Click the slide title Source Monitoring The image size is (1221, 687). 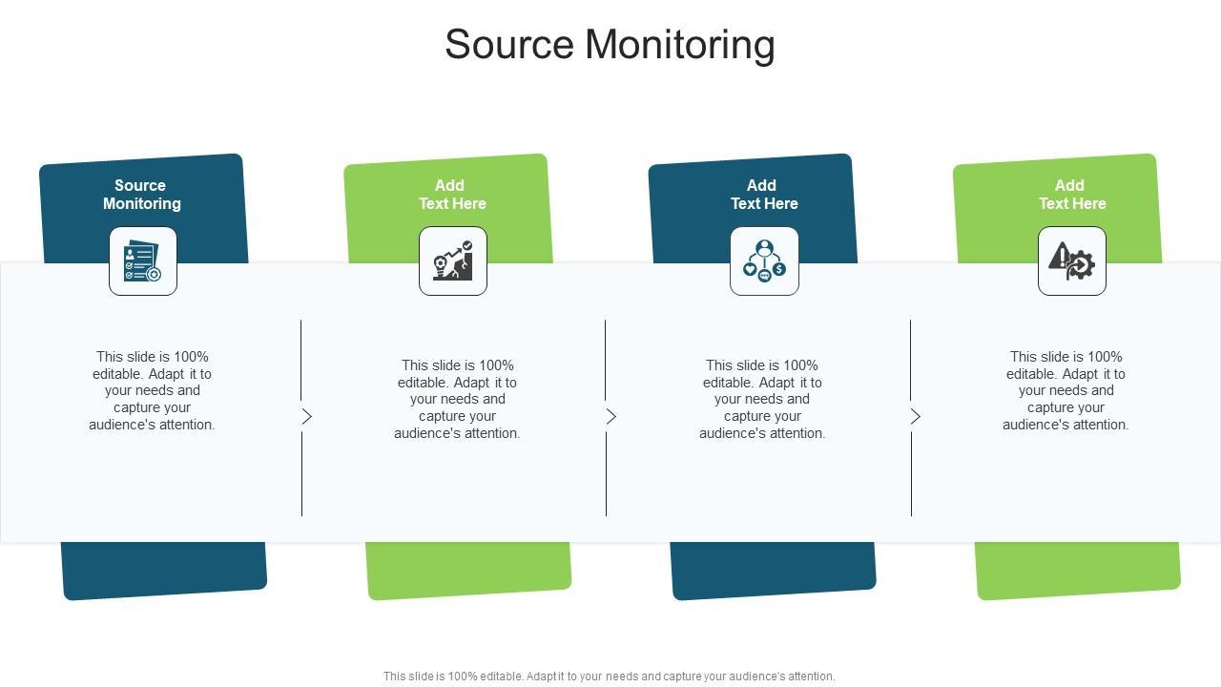click(610, 44)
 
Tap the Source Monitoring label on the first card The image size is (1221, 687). click(142, 194)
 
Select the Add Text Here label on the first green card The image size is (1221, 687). click(452, 194)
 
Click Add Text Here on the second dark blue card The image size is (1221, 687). click(764, 194)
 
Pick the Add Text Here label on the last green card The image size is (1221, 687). click(1072, 194)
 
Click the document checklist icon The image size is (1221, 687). click(143, 261)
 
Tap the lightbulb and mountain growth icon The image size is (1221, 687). click(453, 261)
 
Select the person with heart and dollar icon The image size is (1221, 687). click(764, 261)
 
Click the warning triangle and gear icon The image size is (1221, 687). click(1071, 261)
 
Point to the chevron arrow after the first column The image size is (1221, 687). click(307, 417)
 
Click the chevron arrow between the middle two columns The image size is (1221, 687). click(611, 417)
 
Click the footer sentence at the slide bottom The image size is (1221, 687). click(609, 677)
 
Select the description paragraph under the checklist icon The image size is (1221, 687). click(152, 390)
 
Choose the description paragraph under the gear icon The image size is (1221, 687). click(1066, 390)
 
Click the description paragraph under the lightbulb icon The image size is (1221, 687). click(457, 399)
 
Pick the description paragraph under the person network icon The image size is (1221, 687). click(762, 399)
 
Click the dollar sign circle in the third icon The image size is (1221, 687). click(779, 269)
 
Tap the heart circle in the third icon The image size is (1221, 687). click(750, 269)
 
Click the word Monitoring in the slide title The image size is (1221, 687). click(680, 44)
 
